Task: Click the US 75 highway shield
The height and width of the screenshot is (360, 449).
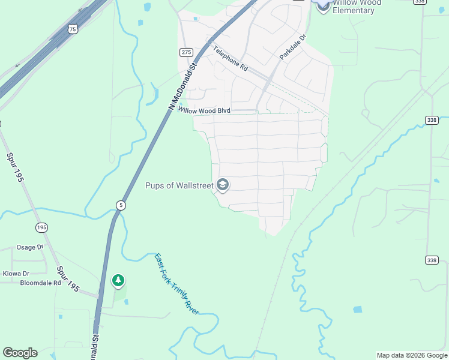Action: click(x=73, y=28)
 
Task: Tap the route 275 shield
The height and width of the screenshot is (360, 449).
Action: click(x=185, y=52)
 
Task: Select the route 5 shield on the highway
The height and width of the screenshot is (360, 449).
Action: click(x=121, y=205)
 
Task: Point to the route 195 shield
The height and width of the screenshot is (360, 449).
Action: click(x=41, y=227)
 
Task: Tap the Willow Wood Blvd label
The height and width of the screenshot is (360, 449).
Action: click(x=204, y=110)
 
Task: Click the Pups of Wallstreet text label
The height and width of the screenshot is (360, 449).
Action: click(x=179, y=185)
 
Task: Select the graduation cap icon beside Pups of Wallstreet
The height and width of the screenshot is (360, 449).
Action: click(x=223, y=185)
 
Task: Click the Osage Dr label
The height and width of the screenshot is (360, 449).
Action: click(x=30, y=247)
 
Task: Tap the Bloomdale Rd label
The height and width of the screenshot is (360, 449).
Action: click(x=41, y=283)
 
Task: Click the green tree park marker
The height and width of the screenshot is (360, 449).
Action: click(x=118, y=280)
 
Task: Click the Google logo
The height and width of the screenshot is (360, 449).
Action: click(x=20, y=353)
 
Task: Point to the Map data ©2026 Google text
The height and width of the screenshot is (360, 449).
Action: click(x=412, y=355)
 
